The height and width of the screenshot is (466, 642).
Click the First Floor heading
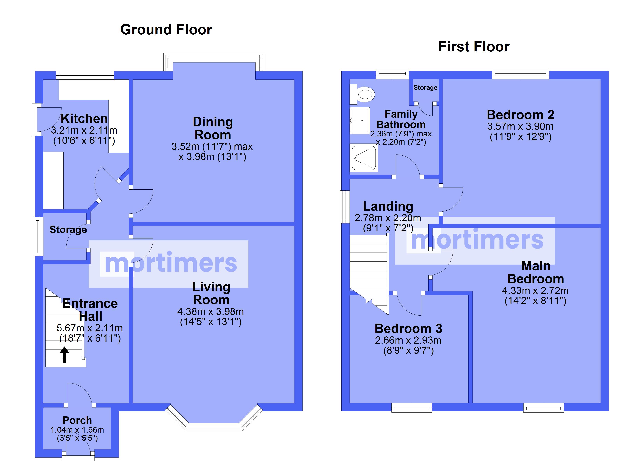click(x=474, y=47)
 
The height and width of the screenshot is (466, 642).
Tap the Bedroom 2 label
click(x=520, y=115)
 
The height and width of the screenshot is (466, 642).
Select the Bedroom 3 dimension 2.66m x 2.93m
click(x=408, y=340)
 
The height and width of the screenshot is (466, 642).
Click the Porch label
click(x=77, y=421)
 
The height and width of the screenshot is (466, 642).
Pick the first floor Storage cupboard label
click(x=425, y=88)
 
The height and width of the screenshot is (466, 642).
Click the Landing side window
click(x=345, y=207)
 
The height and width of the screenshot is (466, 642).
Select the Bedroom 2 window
click(x=520, y=75)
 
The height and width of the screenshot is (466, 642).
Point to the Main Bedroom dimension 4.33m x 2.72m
click(x=535, y=290)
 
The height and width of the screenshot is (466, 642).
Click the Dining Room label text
click(x=213, y=129)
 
